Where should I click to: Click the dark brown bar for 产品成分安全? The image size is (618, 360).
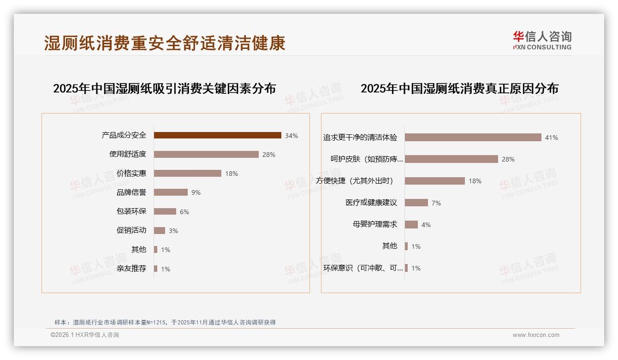tap(217, 135)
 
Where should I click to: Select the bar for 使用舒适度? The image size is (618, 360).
tap(206, 155)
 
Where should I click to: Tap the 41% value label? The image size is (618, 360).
tap(551, 138)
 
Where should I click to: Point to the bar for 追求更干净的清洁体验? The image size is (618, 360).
tap(473, 138)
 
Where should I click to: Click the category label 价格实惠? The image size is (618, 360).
tap(131, 174)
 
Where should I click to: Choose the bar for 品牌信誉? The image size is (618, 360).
tap(171, 192)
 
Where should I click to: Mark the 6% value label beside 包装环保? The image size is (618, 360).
tap(184, 212)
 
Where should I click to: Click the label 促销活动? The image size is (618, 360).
tap(131, 230)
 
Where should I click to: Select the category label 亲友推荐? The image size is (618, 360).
tap(131, 269)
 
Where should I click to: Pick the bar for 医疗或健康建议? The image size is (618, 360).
tap(416, 203)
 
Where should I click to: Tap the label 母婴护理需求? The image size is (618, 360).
tap(374, 224)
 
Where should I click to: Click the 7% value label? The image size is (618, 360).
tap(436, 203)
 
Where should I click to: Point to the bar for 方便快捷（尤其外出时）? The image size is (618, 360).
tap(434, 181)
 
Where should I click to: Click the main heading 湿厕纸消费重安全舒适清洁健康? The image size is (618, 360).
tap(165, 43)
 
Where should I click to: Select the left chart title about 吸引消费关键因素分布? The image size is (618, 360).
tap(164, 88)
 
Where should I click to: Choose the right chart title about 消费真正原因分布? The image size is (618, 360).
tap(459, 88)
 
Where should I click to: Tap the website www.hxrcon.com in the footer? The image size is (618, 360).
tap(536, 335)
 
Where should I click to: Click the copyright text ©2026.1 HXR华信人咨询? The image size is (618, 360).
tap(85, 335)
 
